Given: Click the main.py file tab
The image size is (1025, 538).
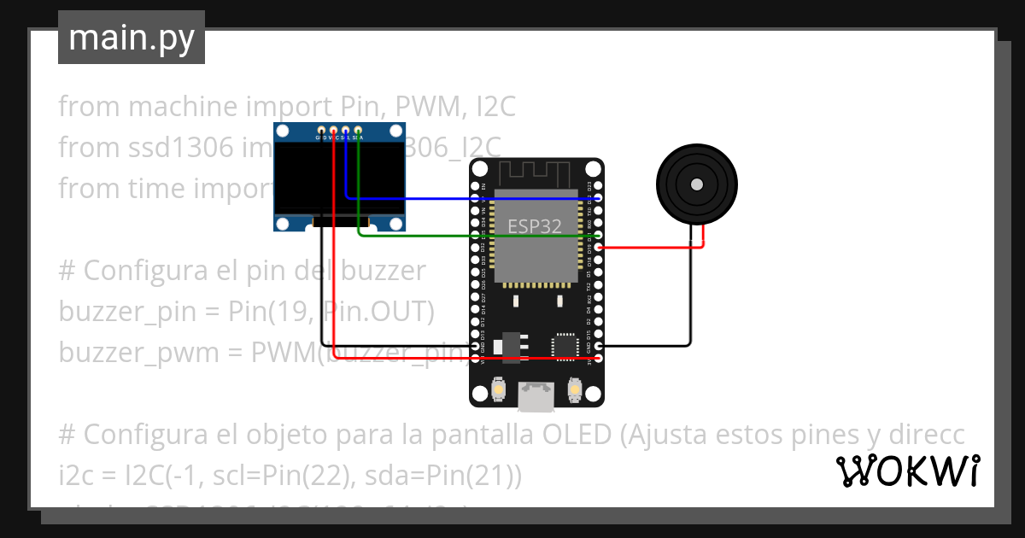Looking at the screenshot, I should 131,38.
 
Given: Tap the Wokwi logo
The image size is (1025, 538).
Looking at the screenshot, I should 907,471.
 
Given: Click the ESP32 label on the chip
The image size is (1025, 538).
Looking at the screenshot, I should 535,225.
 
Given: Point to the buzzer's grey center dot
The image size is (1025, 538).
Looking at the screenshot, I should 696,184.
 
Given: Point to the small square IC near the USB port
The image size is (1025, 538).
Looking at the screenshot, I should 565,346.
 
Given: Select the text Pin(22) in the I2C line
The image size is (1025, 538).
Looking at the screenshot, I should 312,476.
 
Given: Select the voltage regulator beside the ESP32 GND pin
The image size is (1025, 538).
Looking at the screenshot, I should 512,345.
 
